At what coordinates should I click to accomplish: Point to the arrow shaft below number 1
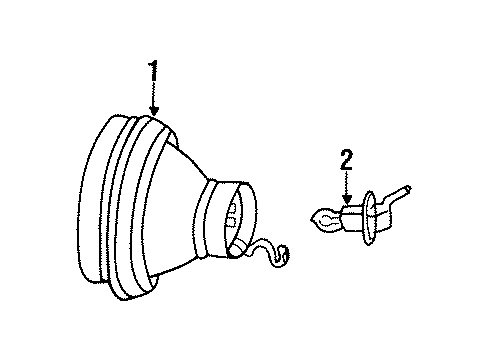click(153, 95)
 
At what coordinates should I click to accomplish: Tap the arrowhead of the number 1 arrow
click(153, 114)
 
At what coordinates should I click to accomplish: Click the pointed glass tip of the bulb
click(317, 213)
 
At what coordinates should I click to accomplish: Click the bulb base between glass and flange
click(351, 213)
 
